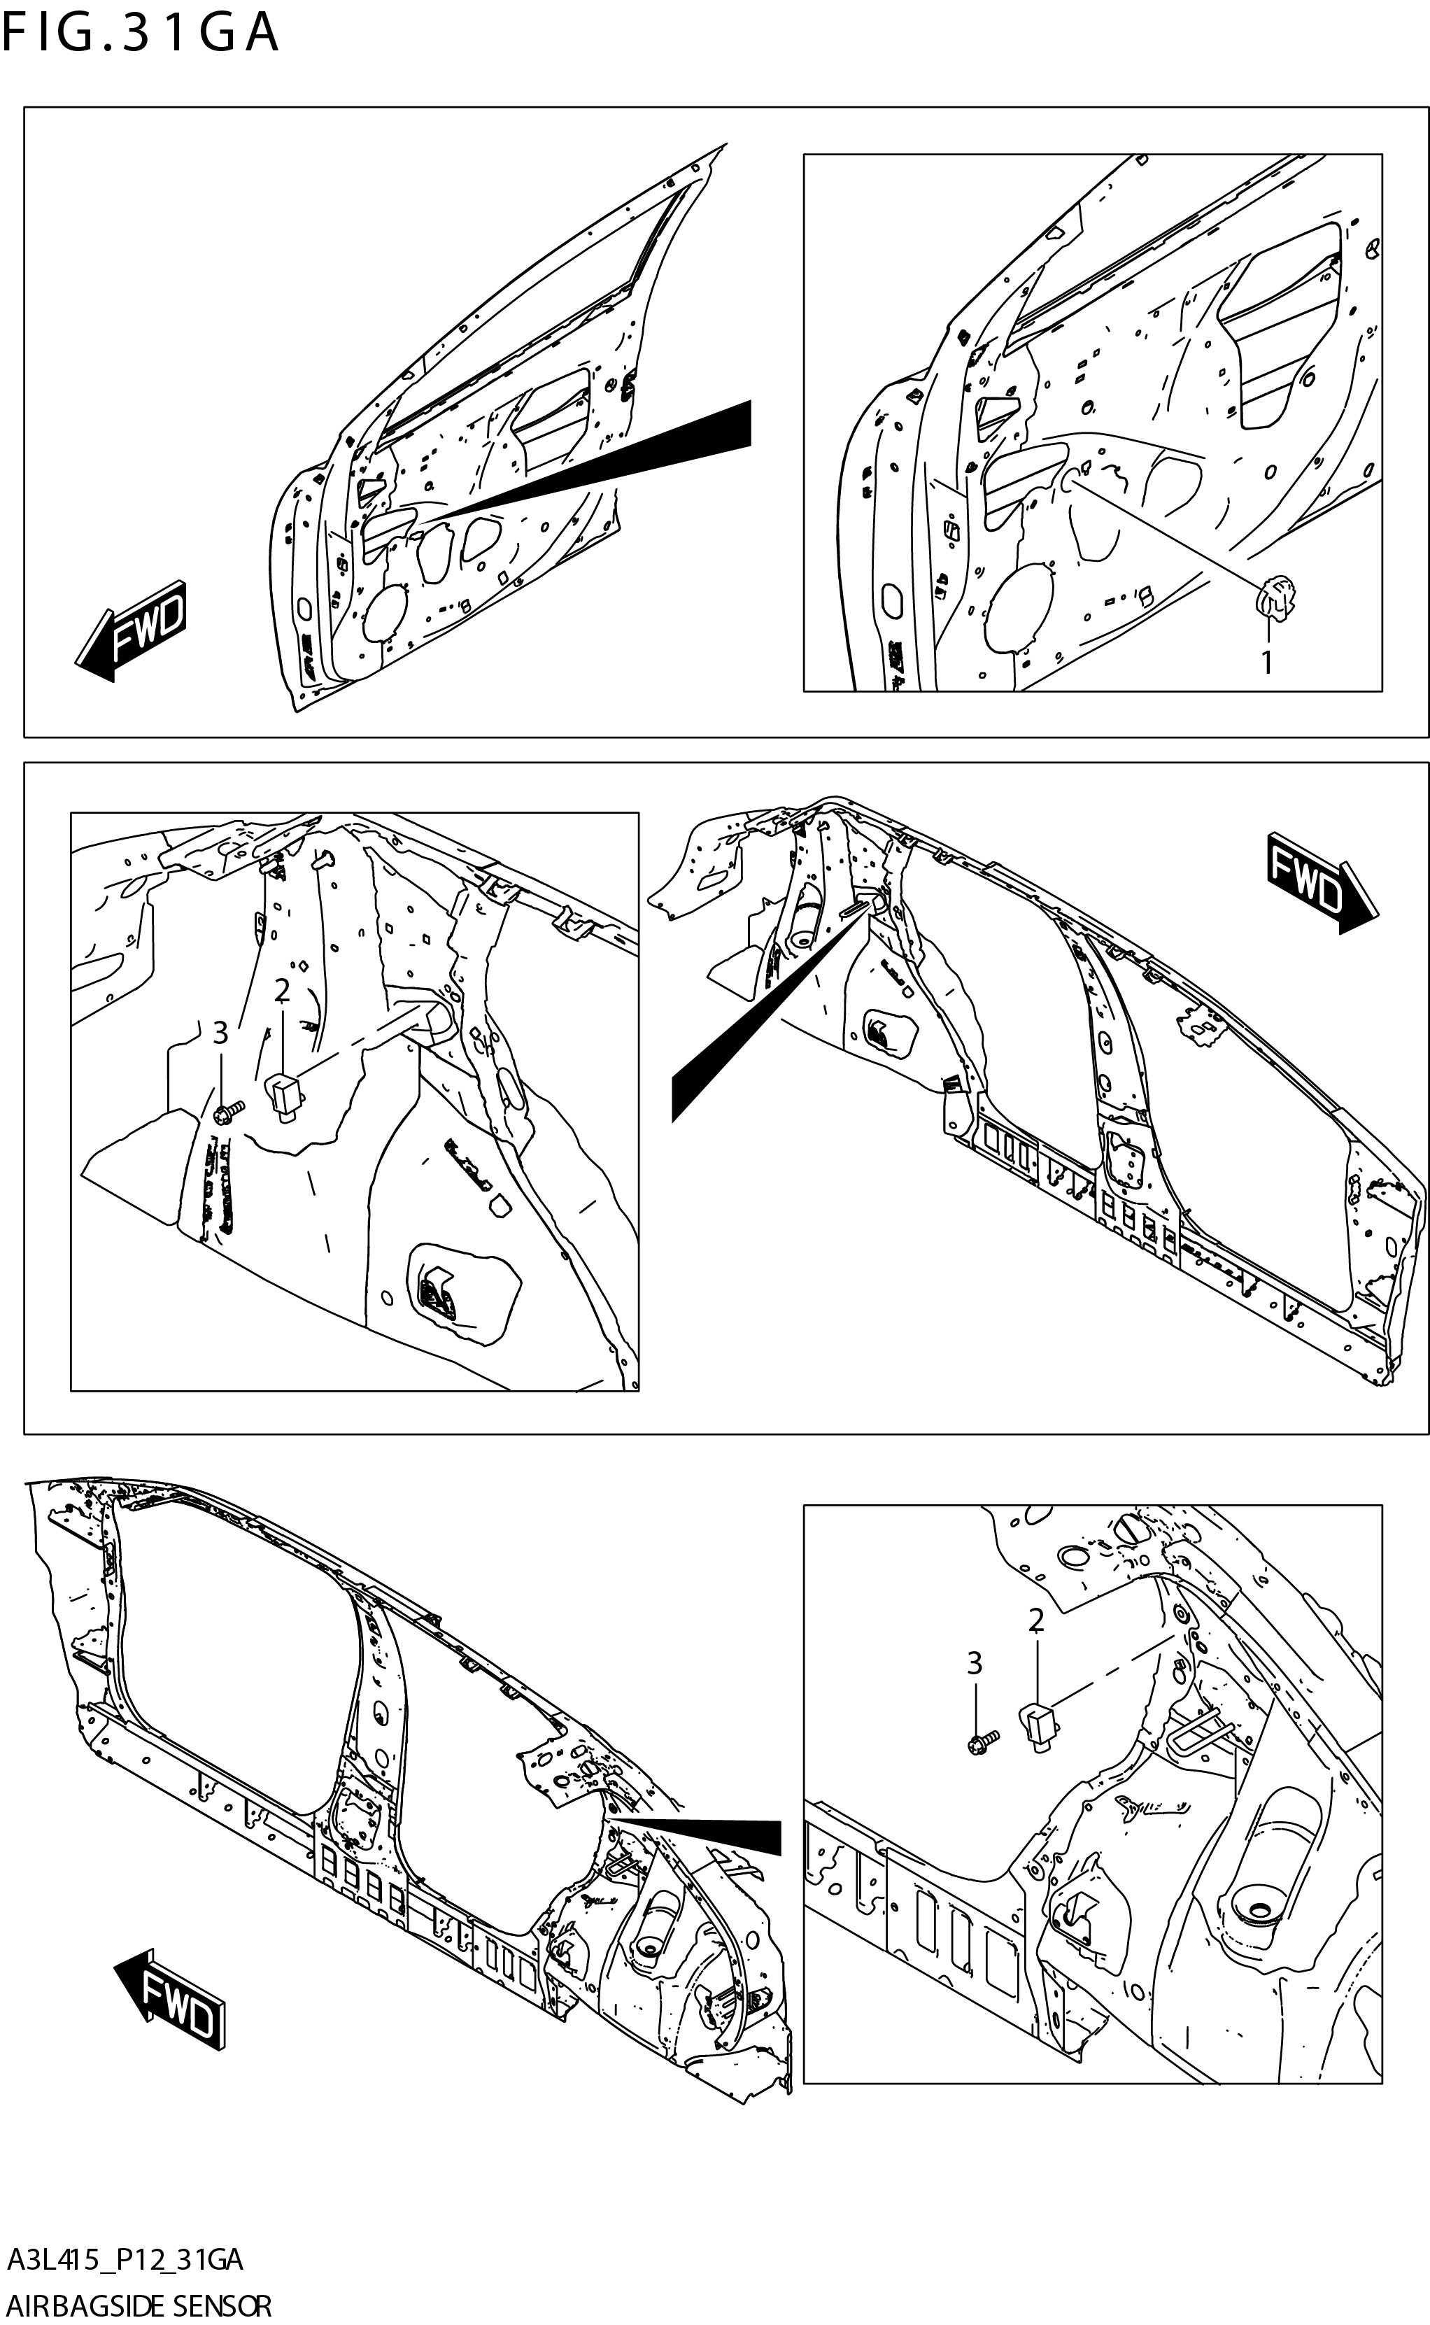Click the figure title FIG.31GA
140,32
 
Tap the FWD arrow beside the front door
132,631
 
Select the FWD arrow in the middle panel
1322,882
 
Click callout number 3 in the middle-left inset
220,1033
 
